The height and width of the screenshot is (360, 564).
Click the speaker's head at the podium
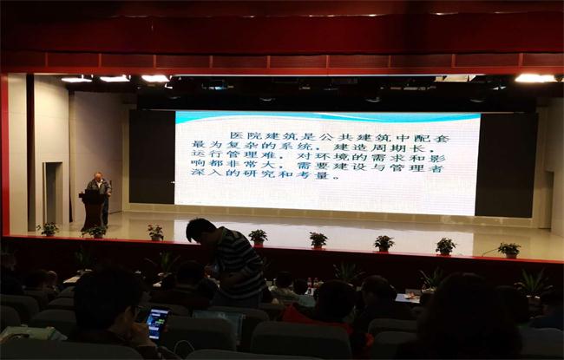point(98,176)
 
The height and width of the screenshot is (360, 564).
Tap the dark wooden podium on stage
point(93,210)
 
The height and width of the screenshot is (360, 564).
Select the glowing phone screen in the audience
point(158,324)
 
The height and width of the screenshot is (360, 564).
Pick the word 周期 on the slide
point(388,147)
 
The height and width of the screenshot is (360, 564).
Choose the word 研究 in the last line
point(259,174)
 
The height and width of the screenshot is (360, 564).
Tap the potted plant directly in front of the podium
point(96,232)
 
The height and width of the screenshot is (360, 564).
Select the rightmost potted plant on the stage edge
point(509,250)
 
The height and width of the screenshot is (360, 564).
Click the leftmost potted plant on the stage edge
point(49,229)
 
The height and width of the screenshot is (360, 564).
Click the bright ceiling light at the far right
point(534,78)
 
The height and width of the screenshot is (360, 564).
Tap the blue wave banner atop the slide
point(327,116)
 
